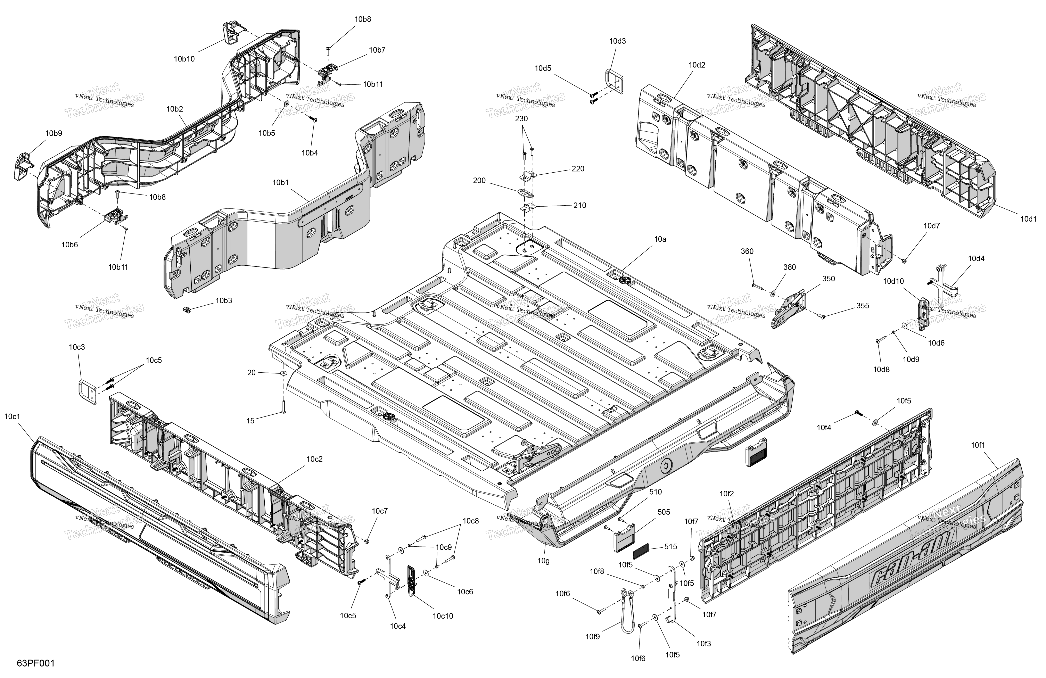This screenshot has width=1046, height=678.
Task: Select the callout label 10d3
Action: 617,41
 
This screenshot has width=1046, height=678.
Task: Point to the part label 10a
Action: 660,239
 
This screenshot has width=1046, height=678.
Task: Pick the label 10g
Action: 543,561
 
